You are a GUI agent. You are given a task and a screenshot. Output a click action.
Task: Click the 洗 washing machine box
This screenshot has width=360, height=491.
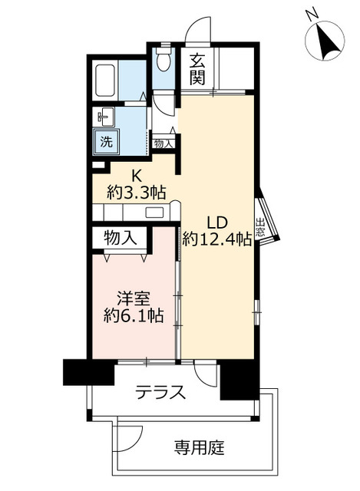[103, 141]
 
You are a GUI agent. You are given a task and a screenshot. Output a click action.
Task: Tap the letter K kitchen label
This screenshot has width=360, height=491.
[136, 176]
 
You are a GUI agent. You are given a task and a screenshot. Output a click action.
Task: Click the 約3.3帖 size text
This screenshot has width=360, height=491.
[137, 193]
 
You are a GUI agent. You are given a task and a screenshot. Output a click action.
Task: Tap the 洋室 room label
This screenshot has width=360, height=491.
[133, 296]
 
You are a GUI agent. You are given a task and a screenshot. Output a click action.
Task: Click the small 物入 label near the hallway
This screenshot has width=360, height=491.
[163, 143]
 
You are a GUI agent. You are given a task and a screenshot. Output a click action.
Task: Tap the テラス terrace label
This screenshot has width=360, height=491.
[160, 393]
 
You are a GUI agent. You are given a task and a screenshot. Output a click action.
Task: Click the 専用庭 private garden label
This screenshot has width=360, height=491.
[198, 447]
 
